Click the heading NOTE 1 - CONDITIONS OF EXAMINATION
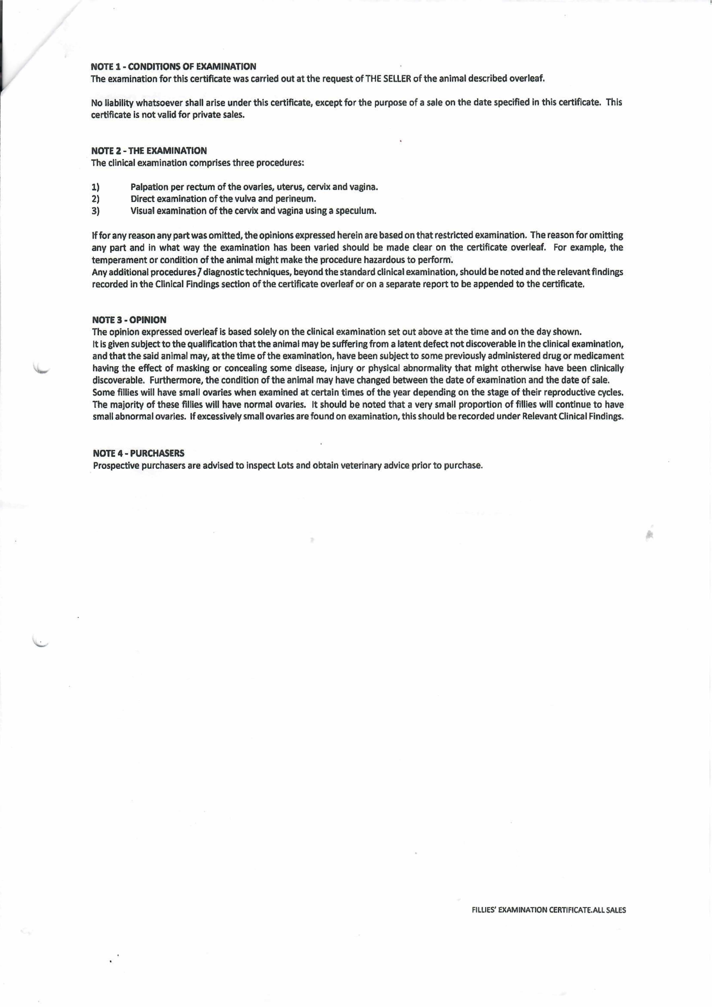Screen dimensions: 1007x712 pos(173,67)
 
